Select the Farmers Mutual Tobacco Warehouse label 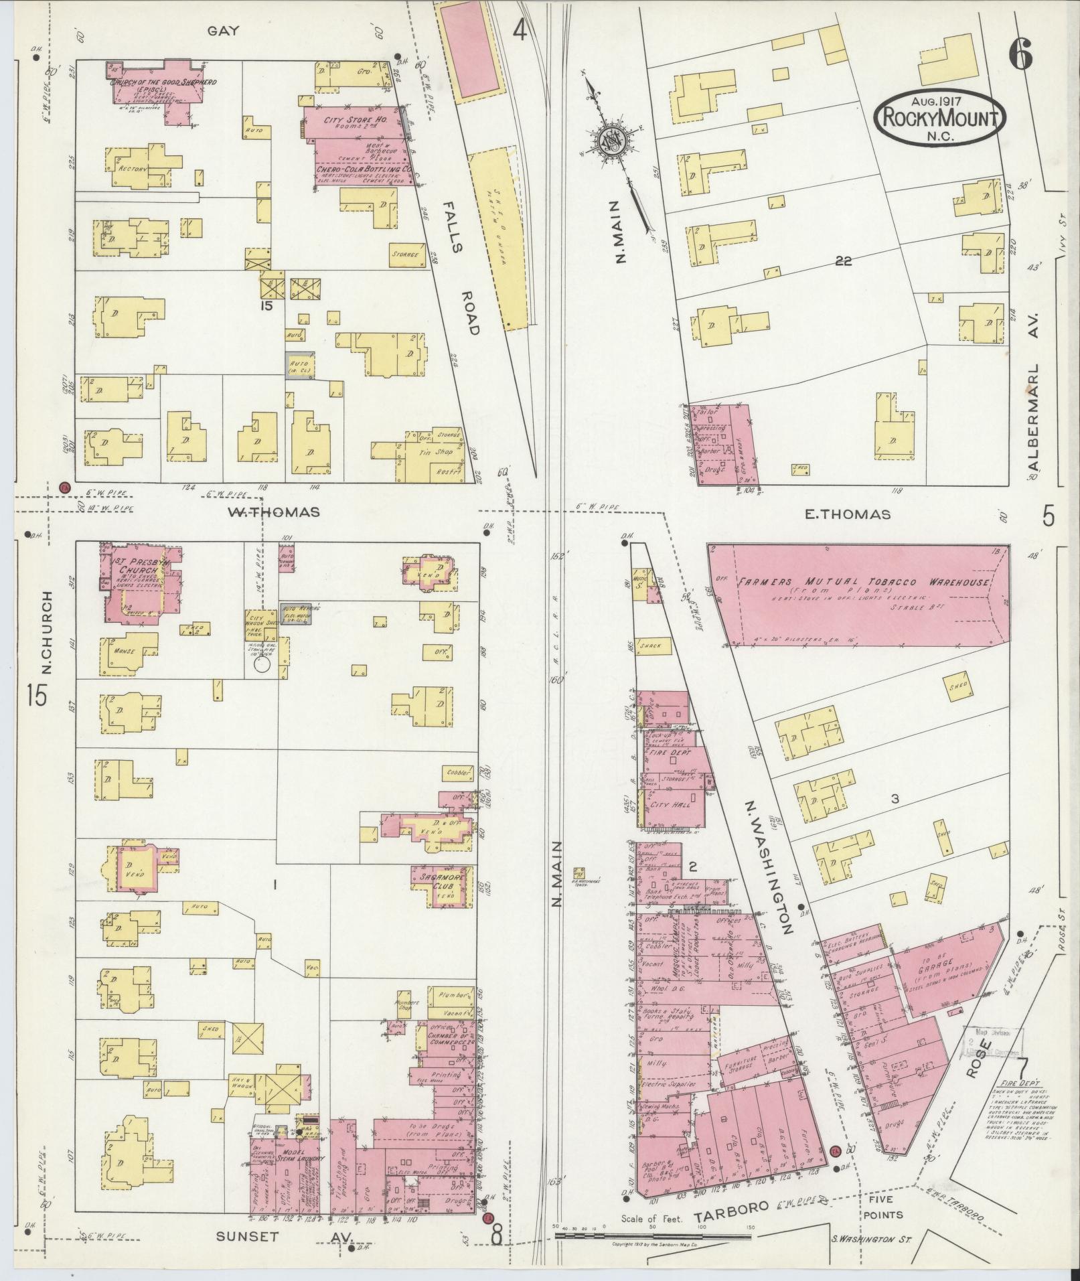(x=863, y=582)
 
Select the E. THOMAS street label (x=847, y=514)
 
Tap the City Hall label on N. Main (x=670, y=804)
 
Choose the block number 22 (x=843, y=261)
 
